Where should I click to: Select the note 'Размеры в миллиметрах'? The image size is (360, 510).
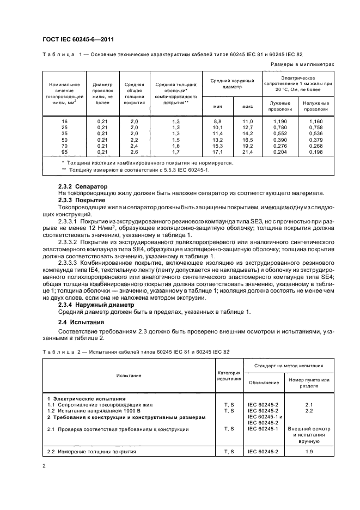pos(302,64)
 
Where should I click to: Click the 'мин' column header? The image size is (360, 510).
pos(217,106)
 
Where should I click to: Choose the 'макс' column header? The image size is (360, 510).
pos(248,106)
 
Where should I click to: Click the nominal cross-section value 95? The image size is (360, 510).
pos(65,151)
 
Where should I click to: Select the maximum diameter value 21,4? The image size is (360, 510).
pos(248,151)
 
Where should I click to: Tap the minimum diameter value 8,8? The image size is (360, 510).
pos(217,120)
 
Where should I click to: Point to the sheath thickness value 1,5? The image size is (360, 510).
pos(175,139)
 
